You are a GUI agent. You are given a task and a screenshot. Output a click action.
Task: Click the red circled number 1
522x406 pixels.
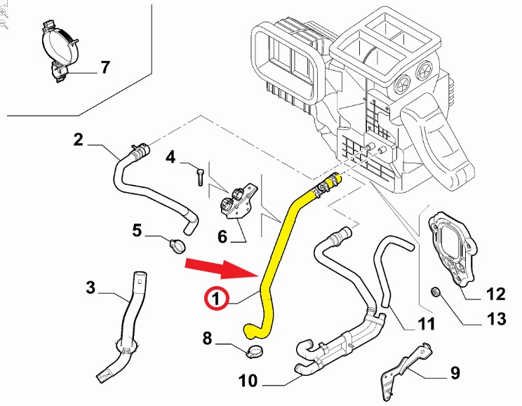216,299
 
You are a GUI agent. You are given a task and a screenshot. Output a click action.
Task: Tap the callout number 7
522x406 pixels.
105,68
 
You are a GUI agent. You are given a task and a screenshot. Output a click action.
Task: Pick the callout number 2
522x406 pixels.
78,139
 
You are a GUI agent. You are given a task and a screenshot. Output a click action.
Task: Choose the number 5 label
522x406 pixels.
137,230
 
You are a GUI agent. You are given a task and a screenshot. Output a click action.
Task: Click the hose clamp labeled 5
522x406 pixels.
178,245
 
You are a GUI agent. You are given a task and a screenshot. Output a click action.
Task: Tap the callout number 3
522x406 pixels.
91,287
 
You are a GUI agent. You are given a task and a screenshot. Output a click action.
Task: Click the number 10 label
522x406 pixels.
248,382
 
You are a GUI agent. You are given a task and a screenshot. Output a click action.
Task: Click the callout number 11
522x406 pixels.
427,324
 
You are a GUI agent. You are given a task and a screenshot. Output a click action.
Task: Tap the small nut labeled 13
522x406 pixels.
435,291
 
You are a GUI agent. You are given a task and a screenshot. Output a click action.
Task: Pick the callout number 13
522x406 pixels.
496,320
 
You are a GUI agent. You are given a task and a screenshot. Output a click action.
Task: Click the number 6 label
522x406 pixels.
222,236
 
